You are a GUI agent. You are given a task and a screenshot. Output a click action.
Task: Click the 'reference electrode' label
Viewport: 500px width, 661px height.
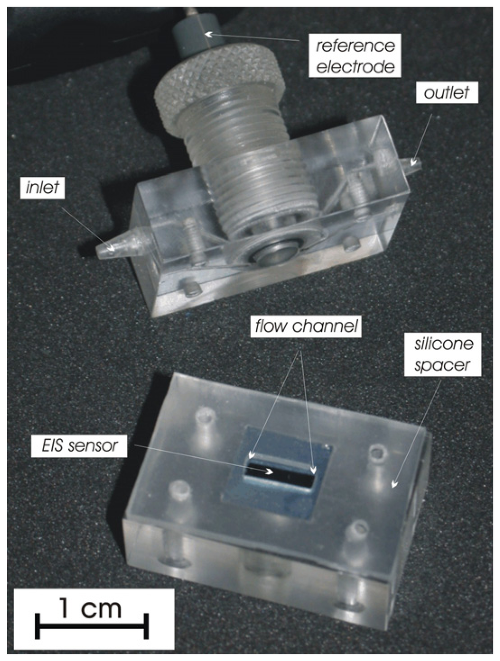(355, 56)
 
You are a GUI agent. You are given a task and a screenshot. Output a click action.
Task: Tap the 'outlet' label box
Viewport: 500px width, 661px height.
(447, 92)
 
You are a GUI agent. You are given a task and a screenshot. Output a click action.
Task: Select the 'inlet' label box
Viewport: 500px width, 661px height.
(42, 187)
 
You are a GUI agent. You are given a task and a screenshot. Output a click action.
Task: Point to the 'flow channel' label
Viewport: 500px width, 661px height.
(306, 326)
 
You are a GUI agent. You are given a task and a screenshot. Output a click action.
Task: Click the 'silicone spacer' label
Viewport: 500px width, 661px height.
(443, 355)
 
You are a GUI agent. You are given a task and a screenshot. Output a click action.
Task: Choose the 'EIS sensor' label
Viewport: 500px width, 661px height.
(80, 445)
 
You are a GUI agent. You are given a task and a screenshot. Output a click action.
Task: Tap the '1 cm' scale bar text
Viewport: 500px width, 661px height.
(91, 608)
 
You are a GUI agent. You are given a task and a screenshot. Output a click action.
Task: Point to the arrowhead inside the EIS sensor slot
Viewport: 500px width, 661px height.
(269, 472)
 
